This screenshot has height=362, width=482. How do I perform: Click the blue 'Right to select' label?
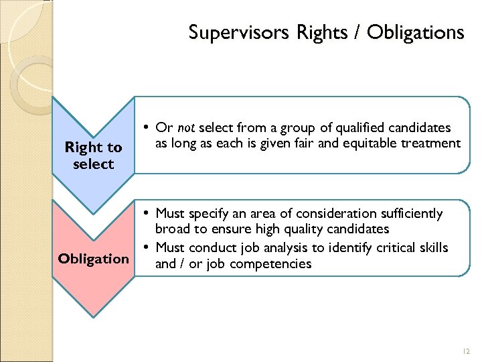coord(93,155)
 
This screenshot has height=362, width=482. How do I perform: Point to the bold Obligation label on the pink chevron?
coord(93,258)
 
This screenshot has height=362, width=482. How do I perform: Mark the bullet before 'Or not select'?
coord(146,127)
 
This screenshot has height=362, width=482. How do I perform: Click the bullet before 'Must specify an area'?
coord(146,213)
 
